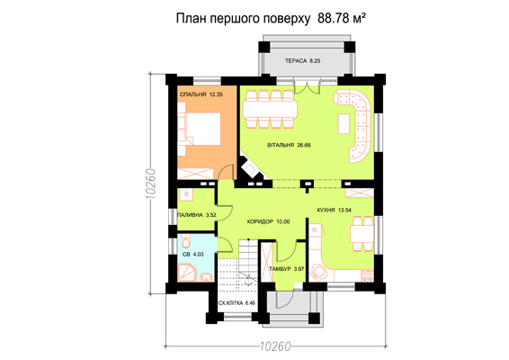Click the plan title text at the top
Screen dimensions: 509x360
point(271,18)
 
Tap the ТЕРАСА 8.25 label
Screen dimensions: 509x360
point(302,61)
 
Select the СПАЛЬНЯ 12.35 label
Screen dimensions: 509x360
point(201,94)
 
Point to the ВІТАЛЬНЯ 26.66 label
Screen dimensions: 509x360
point(289,145)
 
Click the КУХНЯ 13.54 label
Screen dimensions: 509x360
point(334,210)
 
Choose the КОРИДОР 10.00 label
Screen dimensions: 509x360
point(268,221)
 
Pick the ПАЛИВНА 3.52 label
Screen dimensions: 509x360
point(197,215)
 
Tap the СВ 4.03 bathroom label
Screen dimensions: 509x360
point(192,254)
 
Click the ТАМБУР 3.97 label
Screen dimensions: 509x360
point(286,269)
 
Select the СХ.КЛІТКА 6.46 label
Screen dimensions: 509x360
point(237,302)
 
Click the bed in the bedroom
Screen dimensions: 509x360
point(199,129)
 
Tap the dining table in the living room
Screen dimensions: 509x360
point(270,109)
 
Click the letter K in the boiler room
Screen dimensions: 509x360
point(186,194)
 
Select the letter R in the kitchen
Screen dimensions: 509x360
point(314,230)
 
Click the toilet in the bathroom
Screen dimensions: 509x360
point(185,241)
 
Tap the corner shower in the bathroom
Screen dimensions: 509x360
point(187,273)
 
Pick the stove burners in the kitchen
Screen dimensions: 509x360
point(368,275)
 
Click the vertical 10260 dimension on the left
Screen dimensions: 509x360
point(151,184)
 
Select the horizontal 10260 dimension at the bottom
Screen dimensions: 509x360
point(275,346)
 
